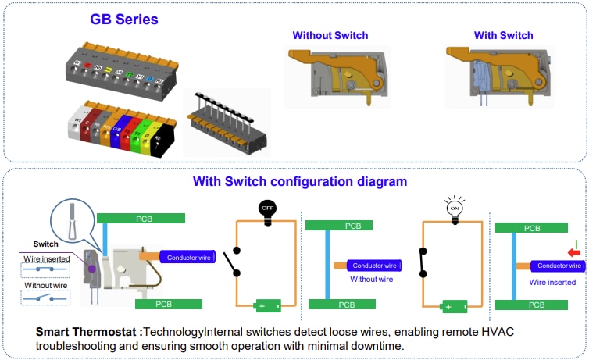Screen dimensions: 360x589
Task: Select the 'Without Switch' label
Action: (x=330, y=35)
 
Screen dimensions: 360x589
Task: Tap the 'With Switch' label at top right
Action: (x=503, y=35)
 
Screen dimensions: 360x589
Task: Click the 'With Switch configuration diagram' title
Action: (x=300, y=181)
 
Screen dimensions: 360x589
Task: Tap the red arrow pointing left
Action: (x=575, y=254)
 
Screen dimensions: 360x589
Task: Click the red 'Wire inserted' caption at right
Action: (x=553, y=282)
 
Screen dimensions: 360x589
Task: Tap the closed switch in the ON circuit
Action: (x=421, y=262)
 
